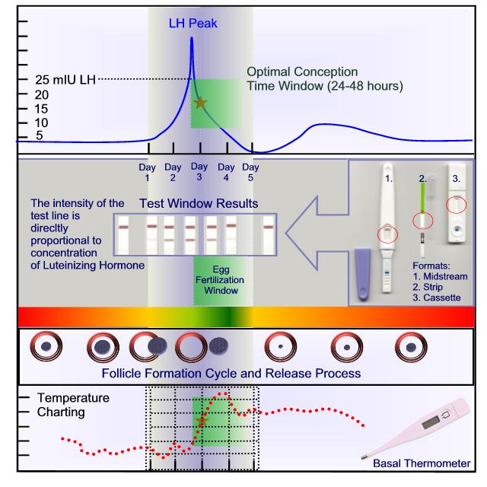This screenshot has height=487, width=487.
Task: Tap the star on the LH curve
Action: (x=200, y=103)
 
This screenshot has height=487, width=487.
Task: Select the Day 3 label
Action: (x=199, y=171)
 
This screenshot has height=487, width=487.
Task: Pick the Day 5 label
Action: (x=250, y=172)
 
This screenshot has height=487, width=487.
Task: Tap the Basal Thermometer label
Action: (x=431, y=463)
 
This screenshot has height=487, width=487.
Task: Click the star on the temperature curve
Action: (x=201, y=420)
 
